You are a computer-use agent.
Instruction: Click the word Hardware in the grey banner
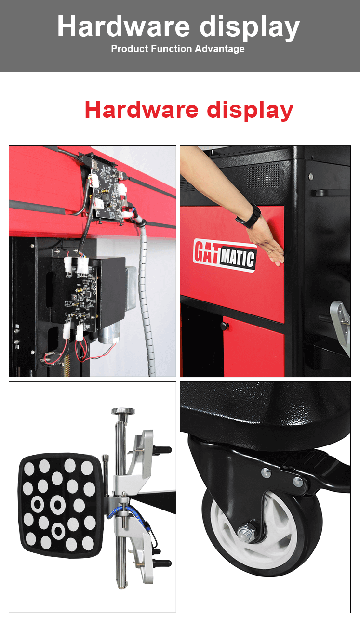click(x=124, y=27)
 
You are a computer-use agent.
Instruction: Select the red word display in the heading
click(x=250, y=110)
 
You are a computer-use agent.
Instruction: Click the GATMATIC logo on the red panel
click(x=224, y=254)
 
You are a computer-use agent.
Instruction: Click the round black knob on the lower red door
click(x=224, y=326)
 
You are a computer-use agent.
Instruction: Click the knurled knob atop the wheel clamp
click(x=123, y=411)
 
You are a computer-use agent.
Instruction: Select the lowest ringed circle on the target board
click(x=58, y=531)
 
